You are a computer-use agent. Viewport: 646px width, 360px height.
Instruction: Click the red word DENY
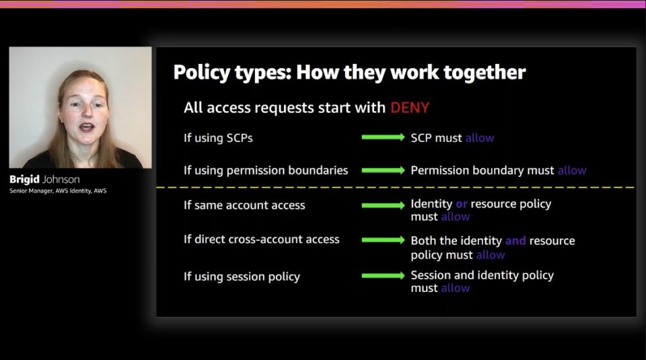pyautogui.click(x=410, y=108)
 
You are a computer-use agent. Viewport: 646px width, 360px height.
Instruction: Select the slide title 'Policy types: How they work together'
pyautogui.click(x=349, y=73)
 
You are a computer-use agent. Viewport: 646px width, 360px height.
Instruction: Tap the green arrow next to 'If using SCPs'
pyautogui.click(x=383, y=137)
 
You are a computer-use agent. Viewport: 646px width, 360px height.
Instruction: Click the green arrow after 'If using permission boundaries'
pyautogui.click(x=383, y=170)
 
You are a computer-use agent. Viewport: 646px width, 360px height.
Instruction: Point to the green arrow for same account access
pyautogui.click(x=383, y=205)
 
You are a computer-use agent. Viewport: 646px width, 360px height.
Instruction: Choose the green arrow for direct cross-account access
pyautogui.click(x=383, y=240)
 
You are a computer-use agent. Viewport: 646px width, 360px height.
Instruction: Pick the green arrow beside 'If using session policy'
pyautogui.click(x=383, y=276)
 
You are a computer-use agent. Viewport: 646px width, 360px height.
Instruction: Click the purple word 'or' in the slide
pyautogui.click(x=462, y=205)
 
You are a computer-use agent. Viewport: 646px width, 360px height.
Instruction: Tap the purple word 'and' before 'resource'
pyautogui.click(x=515, y=240)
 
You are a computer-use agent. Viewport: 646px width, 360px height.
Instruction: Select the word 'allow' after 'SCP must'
pyautogui.click(x=480, y=138)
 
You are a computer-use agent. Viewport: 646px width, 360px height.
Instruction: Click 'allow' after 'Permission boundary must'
pyautogui.click(x=572, y=170)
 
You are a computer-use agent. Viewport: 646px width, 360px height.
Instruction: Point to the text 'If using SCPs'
pyautogui.click(x=218, y=138)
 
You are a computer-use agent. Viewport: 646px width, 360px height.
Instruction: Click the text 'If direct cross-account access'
pyautogui.click(x=262, y=240)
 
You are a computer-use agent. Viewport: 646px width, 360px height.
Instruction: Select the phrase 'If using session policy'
pyautogui.click(x=242, y=277)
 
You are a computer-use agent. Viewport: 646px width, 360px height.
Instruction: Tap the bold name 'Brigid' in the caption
pyautogui.click(x=25, y=180)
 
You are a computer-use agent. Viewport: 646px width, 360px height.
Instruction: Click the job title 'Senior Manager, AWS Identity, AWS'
pyautogui.click(x=58, y=190)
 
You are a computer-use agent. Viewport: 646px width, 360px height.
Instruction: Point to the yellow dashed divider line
pyautogui.click(x=396, y=188)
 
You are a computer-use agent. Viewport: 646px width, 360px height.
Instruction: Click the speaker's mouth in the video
pyautogui.click(x=87, y=127)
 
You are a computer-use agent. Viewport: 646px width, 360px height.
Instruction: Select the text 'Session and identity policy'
pyautogui.click(x=482, y=276)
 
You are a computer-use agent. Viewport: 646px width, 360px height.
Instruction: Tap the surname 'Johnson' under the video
pyautogui.click(x=61, y=180)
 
